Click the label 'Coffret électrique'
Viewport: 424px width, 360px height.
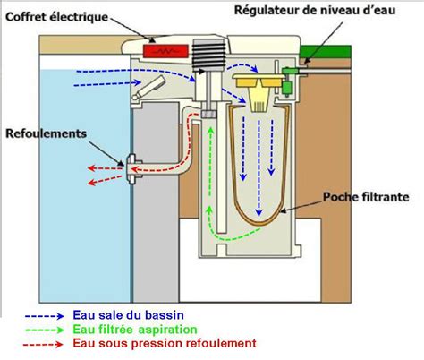point(56,17)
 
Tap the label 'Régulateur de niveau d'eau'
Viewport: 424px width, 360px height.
point(315,10)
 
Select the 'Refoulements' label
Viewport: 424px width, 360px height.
point(47,133)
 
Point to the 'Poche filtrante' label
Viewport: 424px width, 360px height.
point(366,197)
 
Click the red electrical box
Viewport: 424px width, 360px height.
point(166,51)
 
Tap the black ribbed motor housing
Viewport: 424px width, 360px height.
point(208,56)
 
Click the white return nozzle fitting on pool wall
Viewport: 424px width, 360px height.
point(133,168)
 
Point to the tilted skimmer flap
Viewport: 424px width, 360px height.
point(148,87)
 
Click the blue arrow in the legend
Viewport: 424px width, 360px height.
point(45,316)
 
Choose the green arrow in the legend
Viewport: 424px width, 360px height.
point(45,330)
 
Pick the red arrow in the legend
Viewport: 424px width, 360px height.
point(43,344)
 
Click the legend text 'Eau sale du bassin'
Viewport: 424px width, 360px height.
point(129,315)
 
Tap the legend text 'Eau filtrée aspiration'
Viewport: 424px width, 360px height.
point(135,330)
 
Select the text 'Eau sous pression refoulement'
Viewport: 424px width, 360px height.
point(165,343)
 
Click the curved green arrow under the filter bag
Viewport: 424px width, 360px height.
point(226,238)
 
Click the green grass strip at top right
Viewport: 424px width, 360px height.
point(326,51)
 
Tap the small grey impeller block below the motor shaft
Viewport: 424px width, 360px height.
point(208,114)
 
